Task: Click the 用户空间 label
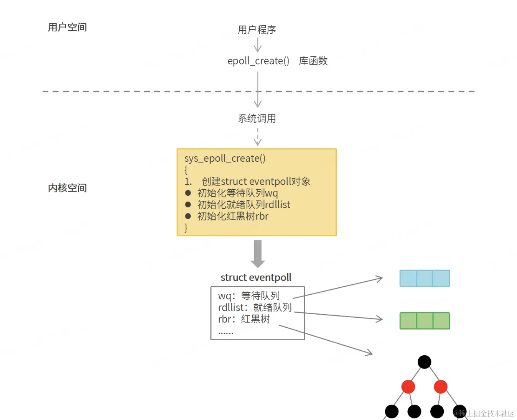click(67, 27)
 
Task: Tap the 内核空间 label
click(67, 188)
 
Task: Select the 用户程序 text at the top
click(257, 30)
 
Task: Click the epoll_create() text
click(258, 61)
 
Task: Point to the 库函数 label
click(313, 61)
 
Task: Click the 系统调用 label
click(257, 118)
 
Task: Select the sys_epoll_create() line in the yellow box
click(225, 158)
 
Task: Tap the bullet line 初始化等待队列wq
click(237, 193)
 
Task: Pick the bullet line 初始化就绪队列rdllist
click(244, 205)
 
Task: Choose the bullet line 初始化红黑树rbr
click(233, 216)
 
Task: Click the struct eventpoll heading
click(256, 277)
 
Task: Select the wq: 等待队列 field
click(249, 296)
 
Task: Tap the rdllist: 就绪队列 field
click(255, 307)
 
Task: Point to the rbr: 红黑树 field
click(244, 319)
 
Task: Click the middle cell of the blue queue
click(424, 279)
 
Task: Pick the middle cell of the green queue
click(425, 321)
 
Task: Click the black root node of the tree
click(424, 362)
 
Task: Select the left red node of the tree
click(408, 387)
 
